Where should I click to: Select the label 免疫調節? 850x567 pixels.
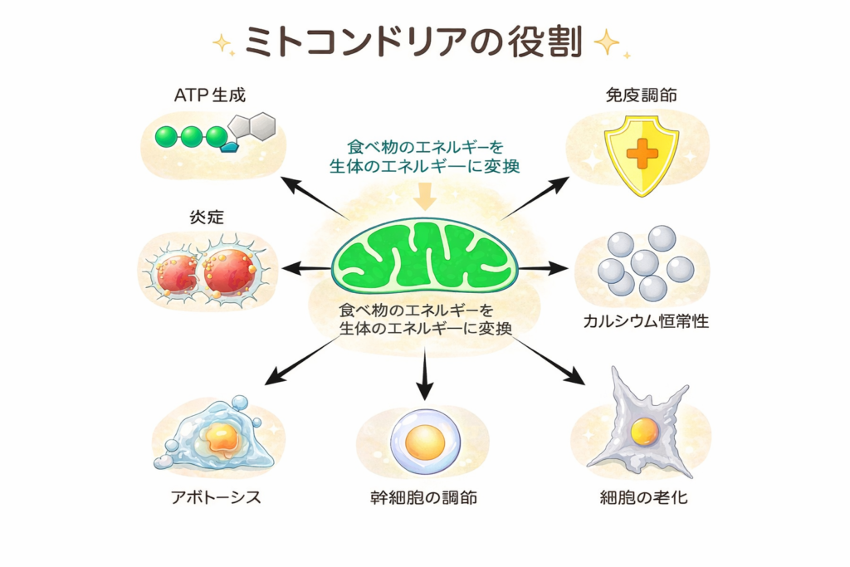pyautogui.click(x=641, y=95)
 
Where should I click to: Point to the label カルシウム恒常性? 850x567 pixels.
pyautogui.click(x=646, y=321)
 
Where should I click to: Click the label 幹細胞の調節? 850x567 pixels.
pyautogui.click(x=424, y=498)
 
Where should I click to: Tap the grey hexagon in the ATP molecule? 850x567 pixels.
pyautogui.click(x=262, y=126)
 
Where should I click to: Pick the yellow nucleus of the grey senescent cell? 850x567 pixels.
pyautogui.click(x=644, y=431)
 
